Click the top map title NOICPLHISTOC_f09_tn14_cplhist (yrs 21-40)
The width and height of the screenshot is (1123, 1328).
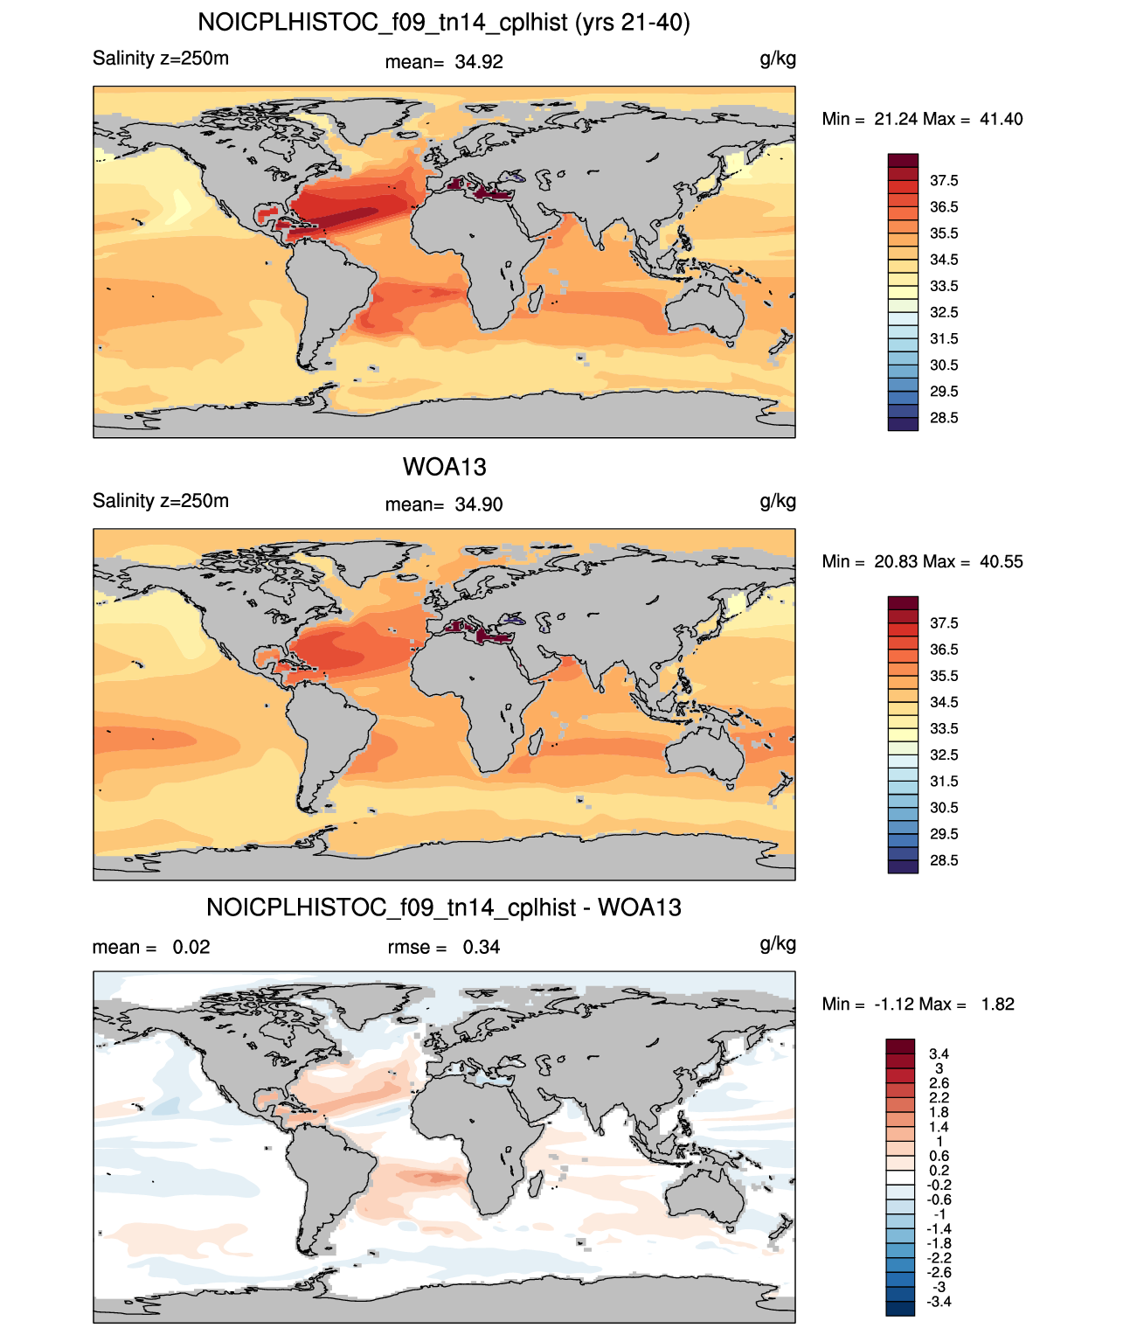444,23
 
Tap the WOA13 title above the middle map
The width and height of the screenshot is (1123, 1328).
444,467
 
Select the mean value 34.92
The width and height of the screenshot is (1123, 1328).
479,62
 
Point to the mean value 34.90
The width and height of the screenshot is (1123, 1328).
479,504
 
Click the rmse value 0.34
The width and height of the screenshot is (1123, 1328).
482,947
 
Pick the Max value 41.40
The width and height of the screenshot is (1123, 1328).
1001,119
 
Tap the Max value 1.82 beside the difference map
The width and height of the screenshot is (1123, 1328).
998,1005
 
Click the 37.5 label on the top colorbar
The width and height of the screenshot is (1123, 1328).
944,181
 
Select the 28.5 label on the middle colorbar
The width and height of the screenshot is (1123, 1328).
944,860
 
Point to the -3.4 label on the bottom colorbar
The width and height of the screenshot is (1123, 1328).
938,1302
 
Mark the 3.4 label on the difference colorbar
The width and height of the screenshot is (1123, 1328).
939,1053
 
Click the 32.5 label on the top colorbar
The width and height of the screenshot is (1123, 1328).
944,312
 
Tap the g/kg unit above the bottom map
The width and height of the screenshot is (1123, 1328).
778,945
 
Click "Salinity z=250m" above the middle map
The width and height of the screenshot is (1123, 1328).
161,500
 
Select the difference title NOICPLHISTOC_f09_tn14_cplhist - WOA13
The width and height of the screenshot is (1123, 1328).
444,907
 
